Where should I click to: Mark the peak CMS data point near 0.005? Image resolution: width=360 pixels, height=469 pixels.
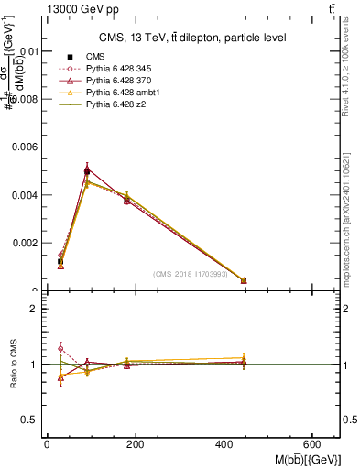87,171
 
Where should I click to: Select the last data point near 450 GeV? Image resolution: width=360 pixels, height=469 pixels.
244,280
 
